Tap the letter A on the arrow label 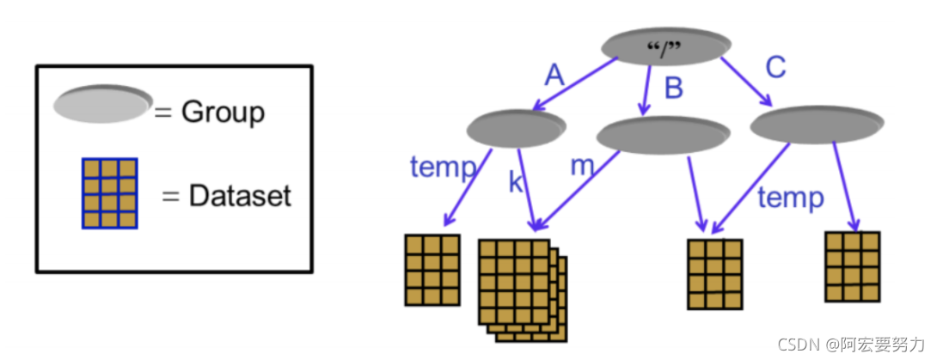point(555,76)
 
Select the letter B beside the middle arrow point(674,88)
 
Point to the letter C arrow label point(775,68)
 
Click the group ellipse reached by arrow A point(516,129)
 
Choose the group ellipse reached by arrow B point(662,136)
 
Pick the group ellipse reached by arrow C point(817,126)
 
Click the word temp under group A point(443,167)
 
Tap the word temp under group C point(790,198)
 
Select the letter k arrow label point(516,181)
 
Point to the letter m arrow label point(584,166)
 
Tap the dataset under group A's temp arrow point(432,269)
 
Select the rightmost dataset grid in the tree point(852,265)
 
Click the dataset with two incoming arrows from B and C point(714,273)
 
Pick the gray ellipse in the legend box point(101,103)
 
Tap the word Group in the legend point(223,112)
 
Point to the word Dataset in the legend point(240,196)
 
